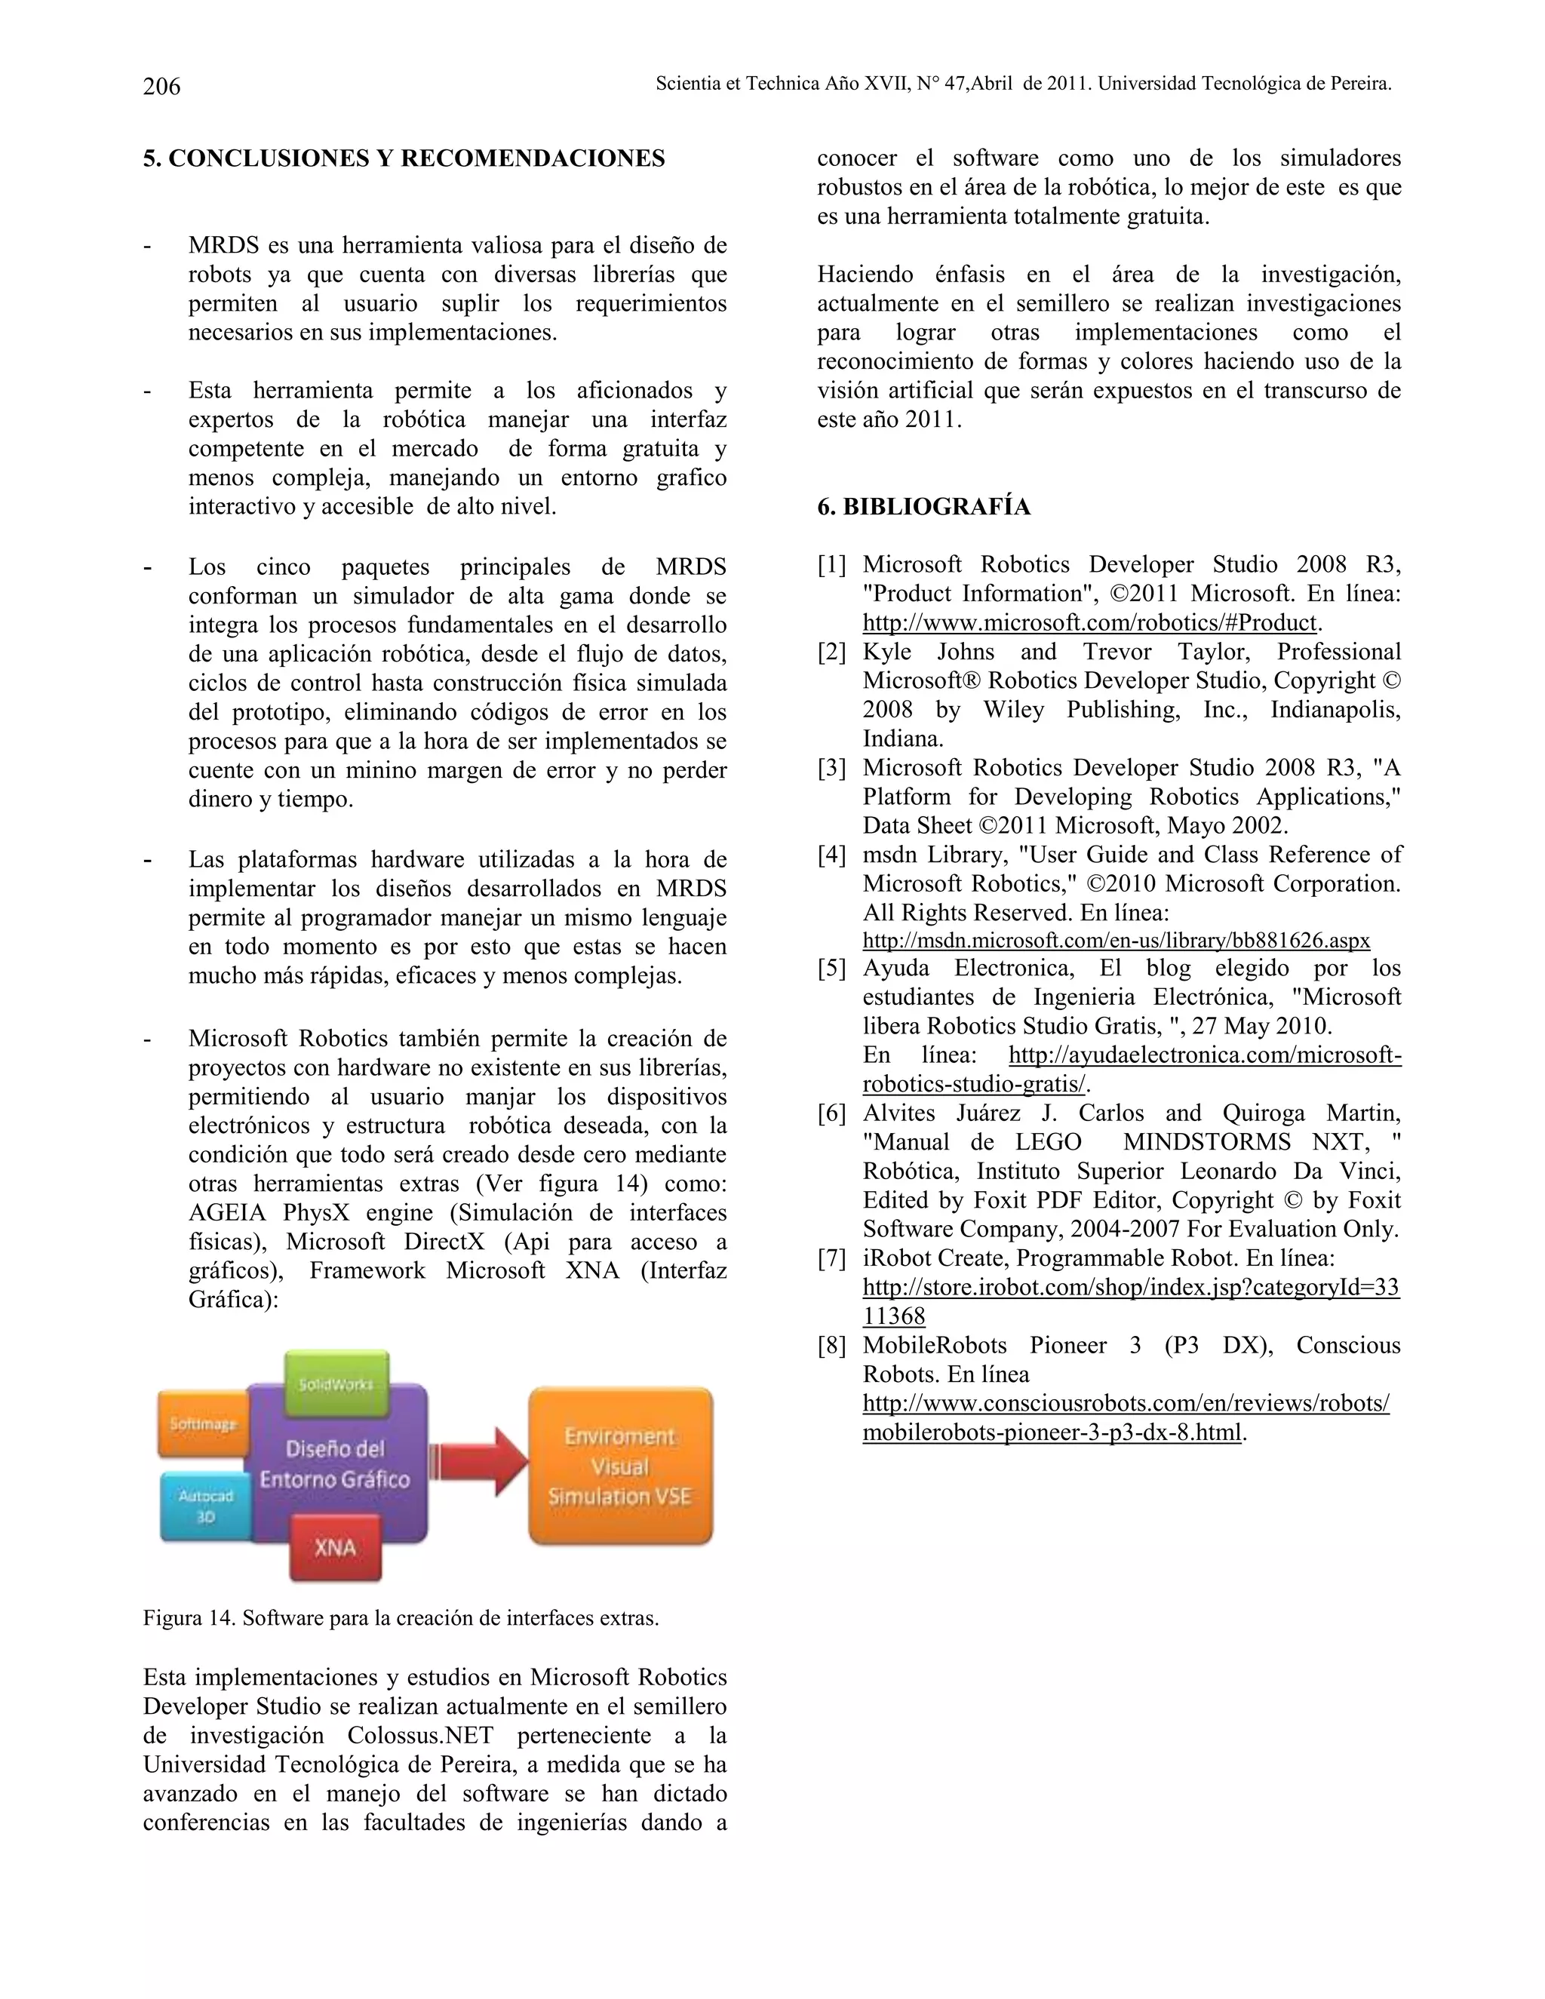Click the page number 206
(162, 86)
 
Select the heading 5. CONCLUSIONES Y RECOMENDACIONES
(404, 158)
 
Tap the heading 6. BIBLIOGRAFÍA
(923, 506)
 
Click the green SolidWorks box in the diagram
(336, 1381)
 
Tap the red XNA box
(335, 1548)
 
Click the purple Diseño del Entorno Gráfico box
(335, 1463)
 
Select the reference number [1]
(831, 565)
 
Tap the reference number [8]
(831, 1346)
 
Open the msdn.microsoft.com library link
(1116, 941)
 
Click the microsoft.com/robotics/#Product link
(1089, 623)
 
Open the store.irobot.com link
(1130, 1288)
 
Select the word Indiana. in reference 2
(902, 738)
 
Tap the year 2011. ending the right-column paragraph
(934, 420)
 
